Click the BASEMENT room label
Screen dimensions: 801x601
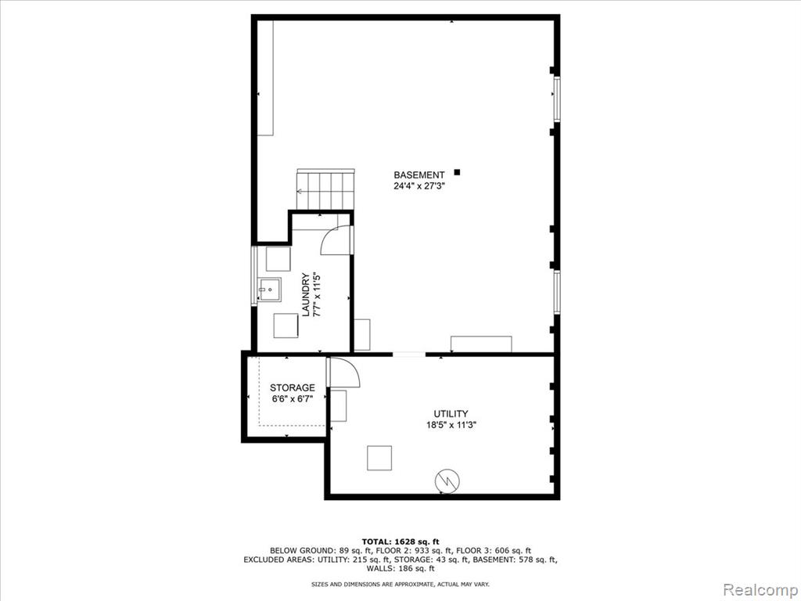[x=419, y=175]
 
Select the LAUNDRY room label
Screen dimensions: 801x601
[x=306, y=295]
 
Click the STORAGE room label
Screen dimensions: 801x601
[x=293, y=387]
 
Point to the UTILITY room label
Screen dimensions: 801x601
[x=451, y=413]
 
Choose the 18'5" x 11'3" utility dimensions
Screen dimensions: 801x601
[x=451, y=425]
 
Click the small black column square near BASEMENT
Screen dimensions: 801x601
[x=457, y=172]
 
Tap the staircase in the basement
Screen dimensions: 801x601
[x=325, y=189]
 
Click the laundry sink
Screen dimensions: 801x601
[x=269, y=290]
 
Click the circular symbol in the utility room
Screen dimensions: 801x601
[x=447, y=480]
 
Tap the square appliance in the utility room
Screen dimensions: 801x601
[x=379, y=458]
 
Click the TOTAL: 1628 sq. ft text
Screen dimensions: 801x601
[x=400, y=542]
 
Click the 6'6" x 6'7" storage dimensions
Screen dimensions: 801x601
[x=293, y=398]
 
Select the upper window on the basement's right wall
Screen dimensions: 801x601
[x=557, y=99]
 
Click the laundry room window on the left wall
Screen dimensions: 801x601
[x=254, y=276]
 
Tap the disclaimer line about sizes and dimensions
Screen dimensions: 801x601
[x=400, y=584]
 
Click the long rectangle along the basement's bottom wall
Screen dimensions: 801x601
[x=481, y=344]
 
